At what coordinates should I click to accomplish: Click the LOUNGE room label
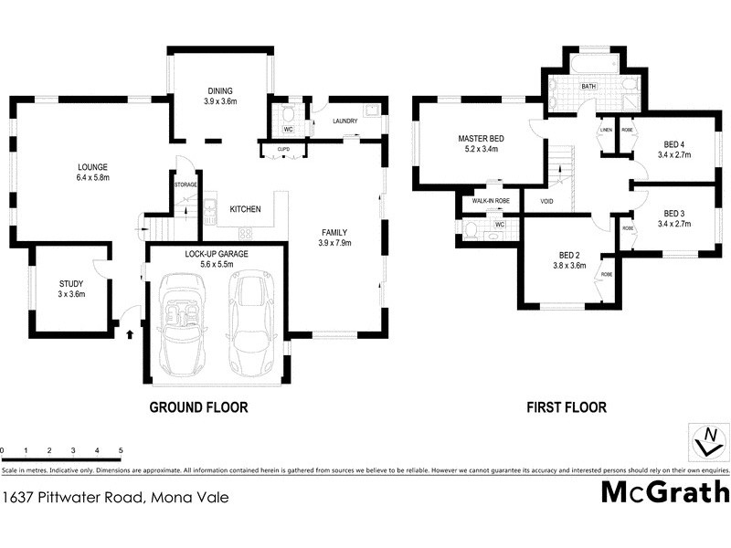(x=93, y=167)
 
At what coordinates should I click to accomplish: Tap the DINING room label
(x=219, y=91)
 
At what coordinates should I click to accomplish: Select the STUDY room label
(x=70, y=283)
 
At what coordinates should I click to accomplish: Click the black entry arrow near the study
(x=129, y=334)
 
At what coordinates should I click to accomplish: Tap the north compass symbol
(x=706, y=442)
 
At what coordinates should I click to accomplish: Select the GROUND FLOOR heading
(x=198, y=407)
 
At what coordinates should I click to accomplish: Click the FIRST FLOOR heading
(x=566, y=407)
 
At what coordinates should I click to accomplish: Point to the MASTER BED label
(x=481, y=139)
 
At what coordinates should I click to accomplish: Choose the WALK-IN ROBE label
(x=490, y=202)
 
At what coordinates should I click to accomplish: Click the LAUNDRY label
(x=344, y=121)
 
